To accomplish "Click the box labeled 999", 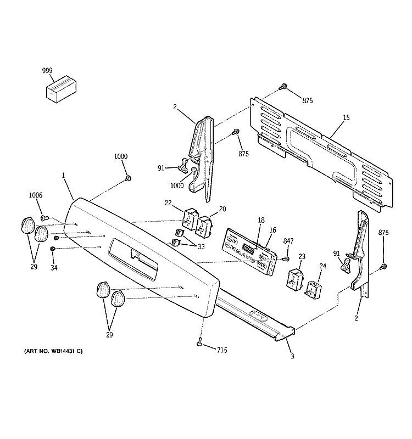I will click(60, 89).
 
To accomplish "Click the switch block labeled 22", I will click(188, 218).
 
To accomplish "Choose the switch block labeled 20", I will click(204, 225).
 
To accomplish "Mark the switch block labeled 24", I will click(314, 288).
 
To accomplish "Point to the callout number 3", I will click(292, 357).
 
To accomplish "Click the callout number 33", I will click(201, 247).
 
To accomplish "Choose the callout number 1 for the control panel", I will click(64, 176).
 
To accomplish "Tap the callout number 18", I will click(261, 220).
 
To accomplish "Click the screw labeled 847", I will click(285, 258).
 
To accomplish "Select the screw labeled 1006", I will click(44, 218).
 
